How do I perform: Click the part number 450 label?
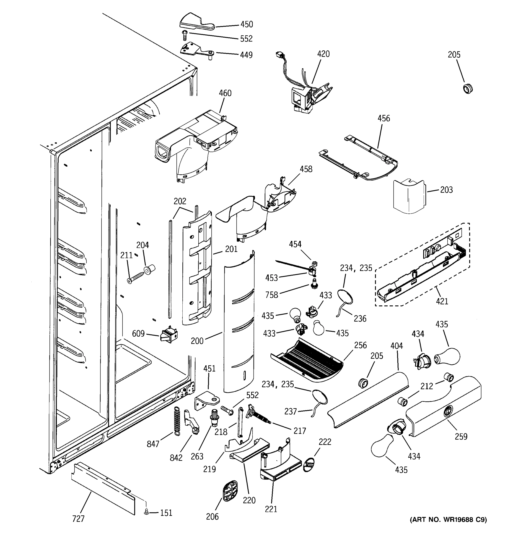pyautogui.click(x=247, y=24)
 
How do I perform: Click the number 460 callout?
pyautogui.click(x=225, y=93)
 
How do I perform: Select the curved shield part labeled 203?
pyautogui.click(x=409, y=196)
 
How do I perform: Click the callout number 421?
pyautogui.click(x=442, y=301)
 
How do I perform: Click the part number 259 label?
pyautogui.click(x=461, y=437)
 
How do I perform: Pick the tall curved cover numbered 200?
pyautogui.click(x=239, y=322)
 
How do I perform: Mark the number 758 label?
pyautogui.click(x=272, y=295)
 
